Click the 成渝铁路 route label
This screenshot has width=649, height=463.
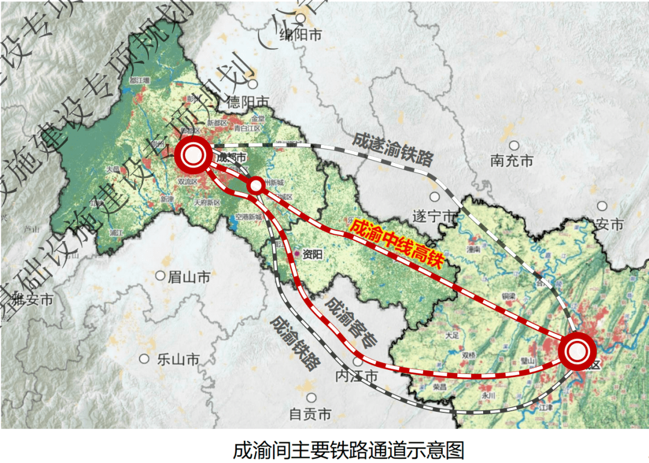tap(295, 342)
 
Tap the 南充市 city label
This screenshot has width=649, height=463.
tap(511, 161)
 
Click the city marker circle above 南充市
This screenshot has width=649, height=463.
tap(514, 146)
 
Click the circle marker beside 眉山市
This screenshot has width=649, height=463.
tap(160, 276)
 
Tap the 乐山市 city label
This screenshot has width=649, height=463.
tap(178, 360)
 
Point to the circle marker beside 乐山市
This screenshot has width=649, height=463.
tap(144, 359)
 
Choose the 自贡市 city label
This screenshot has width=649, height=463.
tap(310, 414)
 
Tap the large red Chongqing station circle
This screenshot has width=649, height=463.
tap(576, 351)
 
